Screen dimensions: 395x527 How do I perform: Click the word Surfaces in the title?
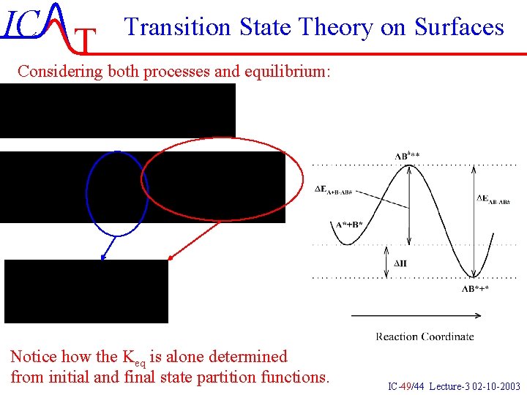pos(459,27)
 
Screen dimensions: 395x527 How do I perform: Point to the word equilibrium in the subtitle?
pos(296,71)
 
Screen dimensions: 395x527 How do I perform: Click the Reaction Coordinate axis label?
pos(425,336)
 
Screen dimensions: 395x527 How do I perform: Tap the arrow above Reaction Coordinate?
pos(416,316)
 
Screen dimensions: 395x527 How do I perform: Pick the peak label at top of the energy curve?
pos(412,156)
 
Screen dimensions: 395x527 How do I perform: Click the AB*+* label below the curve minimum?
pos(475,289)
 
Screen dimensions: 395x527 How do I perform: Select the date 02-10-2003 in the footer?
pos(496,386)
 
